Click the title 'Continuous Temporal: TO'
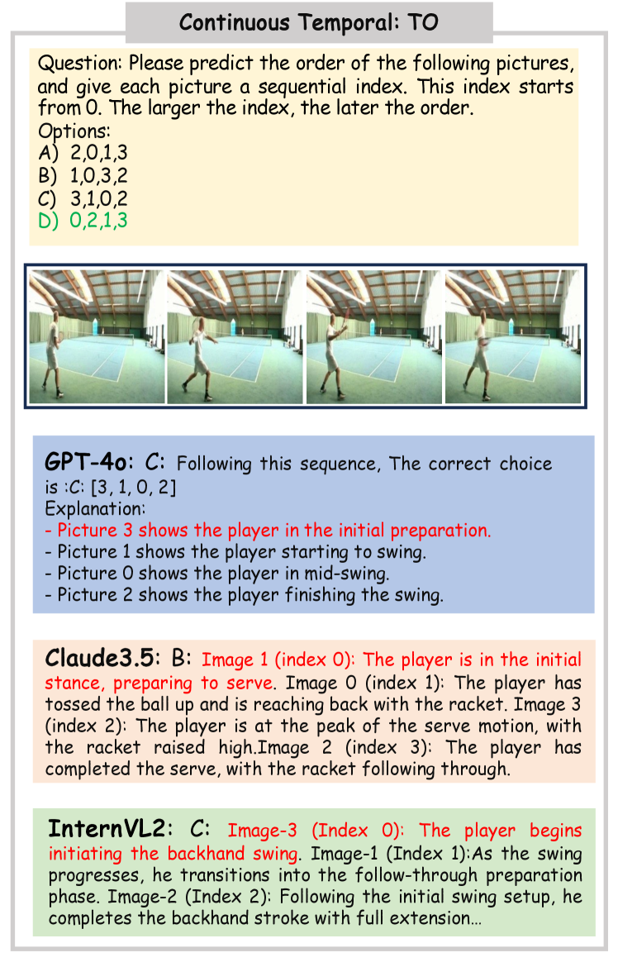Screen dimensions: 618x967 [308, 23]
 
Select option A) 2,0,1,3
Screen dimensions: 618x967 [83, 153]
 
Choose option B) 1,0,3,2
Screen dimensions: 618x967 [83, 176]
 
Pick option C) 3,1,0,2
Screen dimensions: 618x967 [83, 198]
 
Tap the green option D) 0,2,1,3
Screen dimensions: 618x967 [83, 221]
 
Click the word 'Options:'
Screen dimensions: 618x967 [74, 131]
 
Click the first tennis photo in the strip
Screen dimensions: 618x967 [97, 336]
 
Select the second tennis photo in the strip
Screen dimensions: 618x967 [235, 336]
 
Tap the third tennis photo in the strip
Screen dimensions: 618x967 [374, 336]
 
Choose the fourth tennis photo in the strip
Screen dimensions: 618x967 [512, 336]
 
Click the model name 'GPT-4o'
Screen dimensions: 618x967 [88, 462]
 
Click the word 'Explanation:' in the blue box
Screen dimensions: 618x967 [95, 509]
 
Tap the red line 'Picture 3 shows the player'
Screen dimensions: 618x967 [269, 531]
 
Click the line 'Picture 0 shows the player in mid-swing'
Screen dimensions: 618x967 [217, 574]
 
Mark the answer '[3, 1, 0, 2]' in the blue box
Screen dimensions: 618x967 [132, 488]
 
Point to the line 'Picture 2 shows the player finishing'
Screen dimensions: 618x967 [245, 596]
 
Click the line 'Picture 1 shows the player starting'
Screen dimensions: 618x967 [235, 553]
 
